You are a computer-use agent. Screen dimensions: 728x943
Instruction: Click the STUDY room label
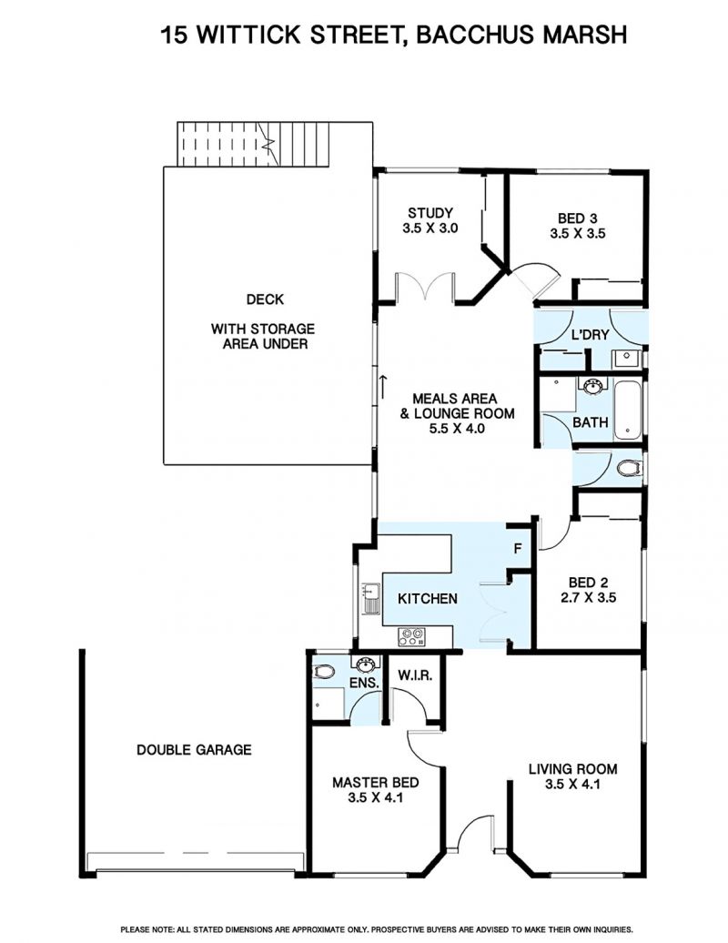[x=430, y=213]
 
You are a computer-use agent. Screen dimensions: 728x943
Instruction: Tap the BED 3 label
[x=577, y=218]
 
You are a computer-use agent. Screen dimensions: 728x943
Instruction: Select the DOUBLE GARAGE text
[x=194, y=750]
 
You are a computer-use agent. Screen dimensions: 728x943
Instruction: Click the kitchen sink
[x=370, y=599]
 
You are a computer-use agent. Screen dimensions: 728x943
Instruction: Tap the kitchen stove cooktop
[x=411, y=637]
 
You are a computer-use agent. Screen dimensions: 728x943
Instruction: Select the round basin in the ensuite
[x=365, y=664]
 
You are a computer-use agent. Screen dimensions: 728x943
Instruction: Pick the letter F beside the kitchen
[x=517, y=549]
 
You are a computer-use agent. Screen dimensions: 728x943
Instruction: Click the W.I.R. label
[x=415, y=675]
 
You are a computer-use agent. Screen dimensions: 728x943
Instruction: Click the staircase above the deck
[x=253, y=145]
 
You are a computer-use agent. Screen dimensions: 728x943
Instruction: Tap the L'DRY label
[x=590, y=335]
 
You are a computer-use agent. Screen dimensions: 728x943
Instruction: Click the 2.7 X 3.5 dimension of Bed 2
[x=588, y=598]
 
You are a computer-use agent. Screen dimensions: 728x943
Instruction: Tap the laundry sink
[x=627, y=360]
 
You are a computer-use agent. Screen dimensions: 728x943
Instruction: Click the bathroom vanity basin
[x=592, y=385]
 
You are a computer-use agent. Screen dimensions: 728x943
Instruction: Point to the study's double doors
[x=424, y=286]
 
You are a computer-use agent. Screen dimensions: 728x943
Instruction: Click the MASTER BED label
[x=375, y=783]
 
